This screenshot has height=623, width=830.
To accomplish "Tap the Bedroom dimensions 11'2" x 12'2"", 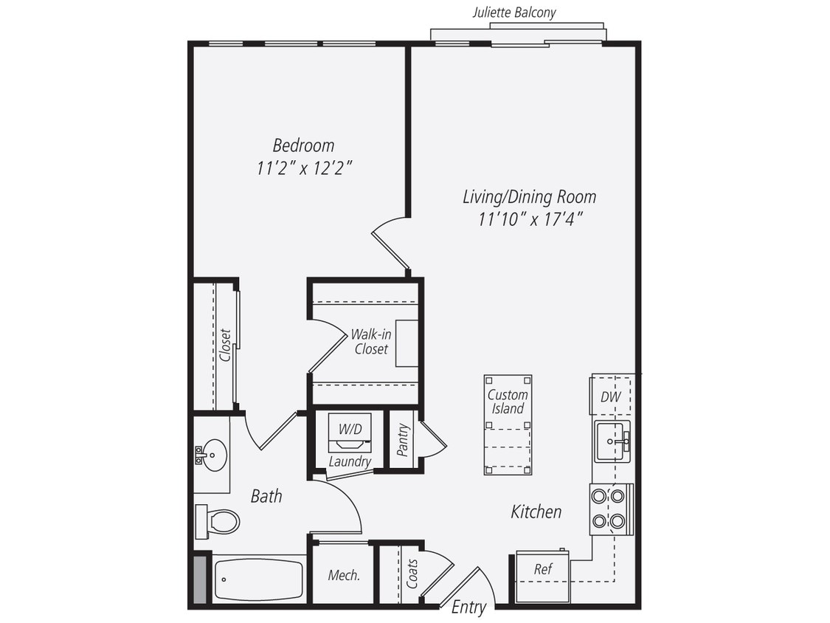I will coord(303,168).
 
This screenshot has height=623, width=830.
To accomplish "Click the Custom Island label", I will coord(508,402).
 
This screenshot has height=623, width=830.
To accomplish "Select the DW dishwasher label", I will coord(610,397).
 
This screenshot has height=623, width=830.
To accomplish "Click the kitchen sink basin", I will coord(611,441).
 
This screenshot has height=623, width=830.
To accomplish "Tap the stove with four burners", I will coord(609,509).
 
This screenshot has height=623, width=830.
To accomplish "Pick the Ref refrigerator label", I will coord(542,570).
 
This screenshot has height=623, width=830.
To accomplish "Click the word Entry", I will coord(469,607).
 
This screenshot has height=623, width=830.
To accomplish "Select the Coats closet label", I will coord(412,574).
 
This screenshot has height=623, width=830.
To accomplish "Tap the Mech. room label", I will coord(344,575).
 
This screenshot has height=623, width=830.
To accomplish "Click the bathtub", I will coord(258,579).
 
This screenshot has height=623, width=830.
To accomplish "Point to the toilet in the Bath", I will coord(219,521).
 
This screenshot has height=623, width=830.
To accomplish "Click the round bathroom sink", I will coord(213,455).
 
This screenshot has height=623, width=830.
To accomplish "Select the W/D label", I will coord(349,429).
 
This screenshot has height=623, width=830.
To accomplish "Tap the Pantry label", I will coord(403,440).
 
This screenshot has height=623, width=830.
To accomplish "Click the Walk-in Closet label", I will coord(371,341).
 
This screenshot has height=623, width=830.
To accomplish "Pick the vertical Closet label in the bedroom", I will coord(226,345).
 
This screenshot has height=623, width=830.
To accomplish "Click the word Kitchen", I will coord(536,512).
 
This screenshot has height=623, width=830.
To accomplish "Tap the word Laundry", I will coord(350,462).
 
